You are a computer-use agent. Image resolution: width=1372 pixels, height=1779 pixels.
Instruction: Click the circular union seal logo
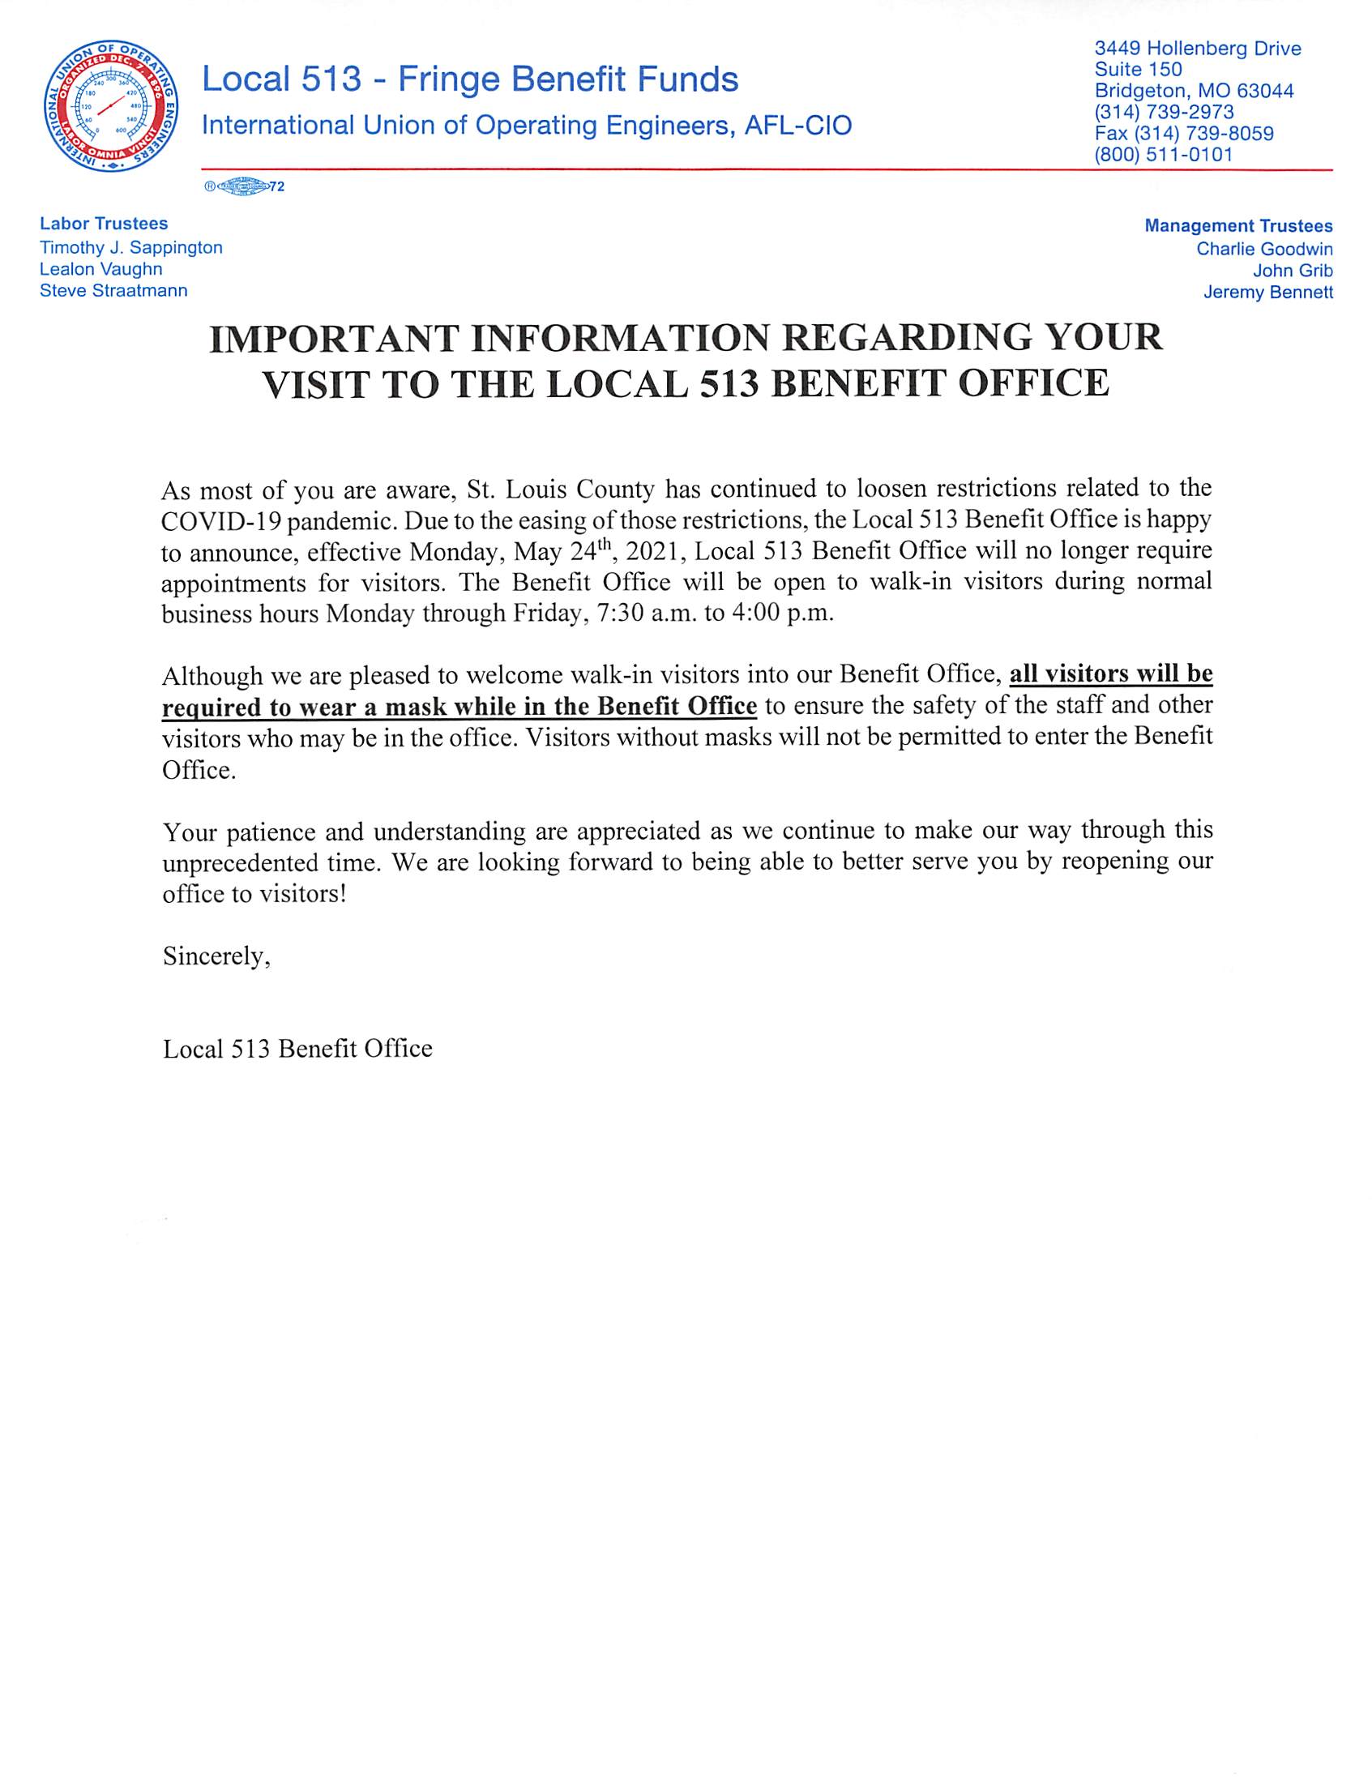tap(113, 105)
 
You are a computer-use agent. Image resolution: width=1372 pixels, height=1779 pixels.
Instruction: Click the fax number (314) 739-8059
tap(1185, 133)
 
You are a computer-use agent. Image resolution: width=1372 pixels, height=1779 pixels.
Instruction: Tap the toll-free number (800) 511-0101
tap(1164, 154)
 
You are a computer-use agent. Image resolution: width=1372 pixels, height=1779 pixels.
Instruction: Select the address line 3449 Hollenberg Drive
tap(1198, 49)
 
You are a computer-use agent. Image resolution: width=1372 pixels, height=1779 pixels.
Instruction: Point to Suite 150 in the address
tap(1139, 69)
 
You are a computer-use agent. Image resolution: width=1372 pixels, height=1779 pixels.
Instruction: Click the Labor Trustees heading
tap(105, 223)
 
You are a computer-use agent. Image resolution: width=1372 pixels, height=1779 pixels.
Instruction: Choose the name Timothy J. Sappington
tap(131, 248)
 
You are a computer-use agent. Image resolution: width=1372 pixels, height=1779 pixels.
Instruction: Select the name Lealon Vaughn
tap(101, 269)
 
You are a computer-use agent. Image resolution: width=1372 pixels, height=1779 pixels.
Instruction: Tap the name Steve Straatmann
tap(113, 291)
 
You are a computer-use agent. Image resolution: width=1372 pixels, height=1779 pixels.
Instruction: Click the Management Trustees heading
tap(1237, 226)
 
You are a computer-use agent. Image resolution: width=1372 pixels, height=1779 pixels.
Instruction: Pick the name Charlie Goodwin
tap(1263, 249)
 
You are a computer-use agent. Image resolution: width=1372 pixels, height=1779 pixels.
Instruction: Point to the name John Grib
tap(1293, 271)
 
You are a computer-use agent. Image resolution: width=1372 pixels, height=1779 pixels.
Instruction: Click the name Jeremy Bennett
tap(1267, 293)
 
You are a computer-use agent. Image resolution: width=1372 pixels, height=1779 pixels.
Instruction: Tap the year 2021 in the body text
tap(656, 551)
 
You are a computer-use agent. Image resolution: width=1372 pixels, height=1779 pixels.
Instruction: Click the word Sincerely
tap(216, 956)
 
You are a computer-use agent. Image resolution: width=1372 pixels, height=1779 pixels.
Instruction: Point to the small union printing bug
tap(243, 186)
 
